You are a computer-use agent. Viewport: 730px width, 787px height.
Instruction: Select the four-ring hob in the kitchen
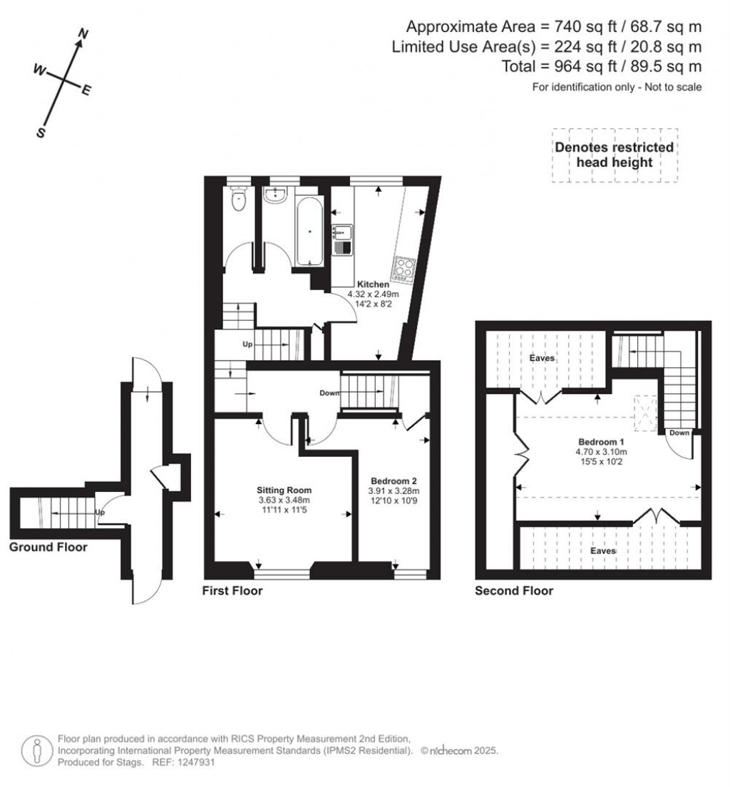click(404, 269)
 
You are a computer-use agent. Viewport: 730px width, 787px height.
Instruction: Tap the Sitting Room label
click(284, 490)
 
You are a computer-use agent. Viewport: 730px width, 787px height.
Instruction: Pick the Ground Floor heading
click(48, 547)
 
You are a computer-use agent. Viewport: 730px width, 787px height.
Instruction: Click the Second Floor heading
click(514, 591)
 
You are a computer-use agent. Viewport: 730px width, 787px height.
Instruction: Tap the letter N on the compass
click(83, 34)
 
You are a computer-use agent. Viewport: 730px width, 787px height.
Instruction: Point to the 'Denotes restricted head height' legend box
click(615, 155)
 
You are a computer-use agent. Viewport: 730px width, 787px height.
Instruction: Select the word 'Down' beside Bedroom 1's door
click(679, 433)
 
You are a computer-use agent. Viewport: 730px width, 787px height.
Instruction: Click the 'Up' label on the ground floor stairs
click(101, 512)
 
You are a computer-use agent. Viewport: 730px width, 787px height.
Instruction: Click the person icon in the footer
click(36, 751)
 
